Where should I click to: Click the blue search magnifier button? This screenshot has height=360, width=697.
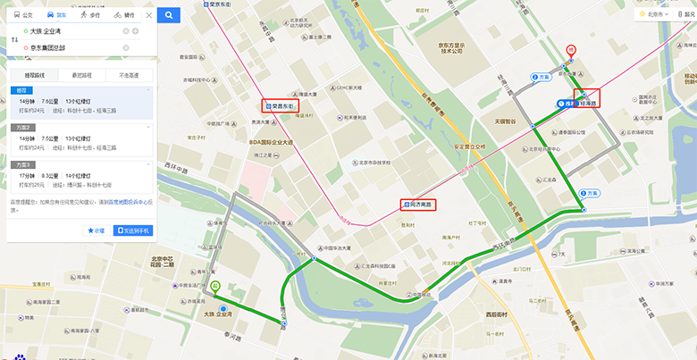pyautogui.click(x=170, y=14)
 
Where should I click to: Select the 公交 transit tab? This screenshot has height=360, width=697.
pyautogui.click(x=24, y=15)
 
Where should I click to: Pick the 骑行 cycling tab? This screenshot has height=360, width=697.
pyautogui.click(x=125, y=15)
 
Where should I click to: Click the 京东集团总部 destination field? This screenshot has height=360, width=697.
pyautogui.click(x=76, y=47)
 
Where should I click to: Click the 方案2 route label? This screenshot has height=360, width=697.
pyautogui.click(x=21, y=128)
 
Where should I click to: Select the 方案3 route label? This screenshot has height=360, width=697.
pyautogui.click(x=21, y=164)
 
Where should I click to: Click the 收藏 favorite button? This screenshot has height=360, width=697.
pyautogui.click(x=96, y=230)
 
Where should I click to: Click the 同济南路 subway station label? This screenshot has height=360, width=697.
pyautogui.click(x=418, y=205)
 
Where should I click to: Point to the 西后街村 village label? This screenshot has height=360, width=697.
pyautogui.click(x=497, y=314)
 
